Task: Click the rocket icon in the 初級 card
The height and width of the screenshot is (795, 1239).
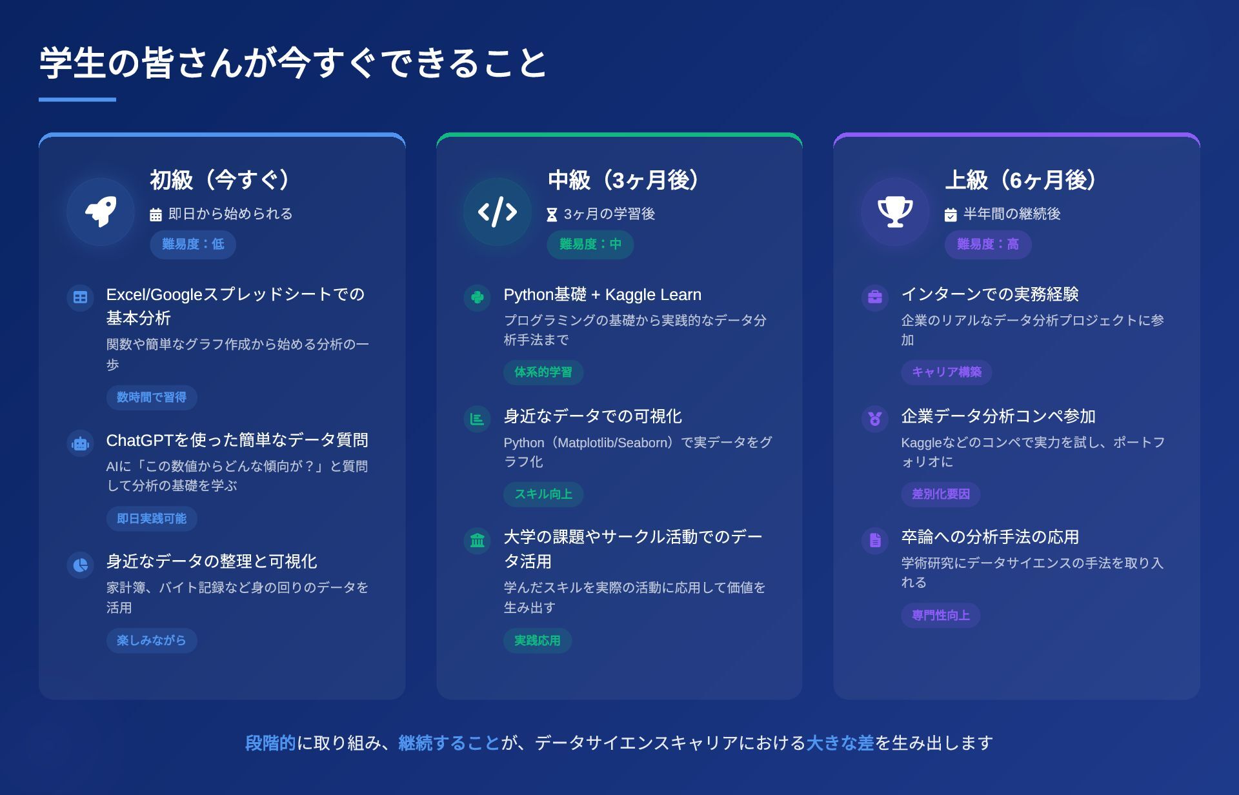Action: click(x=101, y=212)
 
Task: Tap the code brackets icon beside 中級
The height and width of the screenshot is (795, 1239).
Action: click(x=498, y=212)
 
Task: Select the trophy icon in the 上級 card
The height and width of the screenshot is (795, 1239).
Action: click(x=895, y=212)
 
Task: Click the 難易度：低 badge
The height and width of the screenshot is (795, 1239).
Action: click(x=193, y=245)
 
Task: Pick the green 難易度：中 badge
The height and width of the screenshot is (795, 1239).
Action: click(x=590, y=245)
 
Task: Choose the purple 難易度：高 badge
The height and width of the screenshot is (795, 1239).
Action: click(x=988, y=245)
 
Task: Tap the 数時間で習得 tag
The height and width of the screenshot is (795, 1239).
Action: click(x=152, y=397)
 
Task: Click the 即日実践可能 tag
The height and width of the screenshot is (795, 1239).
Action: click(x=152, y=519)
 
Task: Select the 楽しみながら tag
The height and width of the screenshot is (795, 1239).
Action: click(x=152, y=641)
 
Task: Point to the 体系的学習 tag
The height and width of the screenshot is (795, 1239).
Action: click(x=543, y=372)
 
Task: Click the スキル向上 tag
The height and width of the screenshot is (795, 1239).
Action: click(x=543, y=494)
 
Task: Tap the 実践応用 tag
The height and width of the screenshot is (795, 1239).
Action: click(x=538, y=641)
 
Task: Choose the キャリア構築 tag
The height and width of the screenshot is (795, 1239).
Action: click(x=947, y=372)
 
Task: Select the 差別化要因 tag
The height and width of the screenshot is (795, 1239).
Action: click(x=941, y=494)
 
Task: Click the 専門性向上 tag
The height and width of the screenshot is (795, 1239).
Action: click(x=941, y=616)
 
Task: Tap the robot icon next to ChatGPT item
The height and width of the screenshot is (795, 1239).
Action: click(x=81, y=444)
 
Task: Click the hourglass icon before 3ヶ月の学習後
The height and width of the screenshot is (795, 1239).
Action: click(x=552, y=215)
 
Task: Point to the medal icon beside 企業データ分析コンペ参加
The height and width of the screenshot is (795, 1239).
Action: click(x=875, y=419)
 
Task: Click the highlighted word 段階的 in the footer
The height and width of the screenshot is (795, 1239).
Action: click(x=270, y=743)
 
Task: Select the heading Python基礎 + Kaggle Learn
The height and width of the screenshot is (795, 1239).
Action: click(x=602, y=295)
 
